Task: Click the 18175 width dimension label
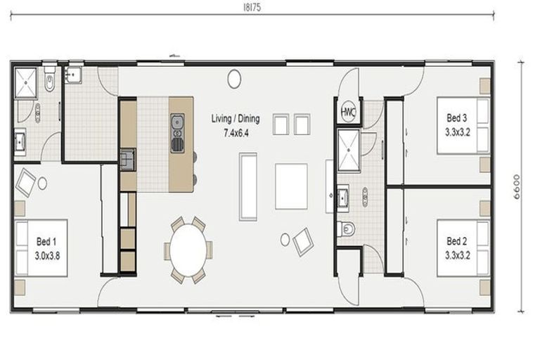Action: pos(252,8)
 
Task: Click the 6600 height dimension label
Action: pos(517,187)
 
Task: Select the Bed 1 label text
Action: pos(46,241)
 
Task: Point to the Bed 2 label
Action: pos(456,241)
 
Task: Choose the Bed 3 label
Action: pos(456,118)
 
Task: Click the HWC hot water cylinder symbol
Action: pos(348,112)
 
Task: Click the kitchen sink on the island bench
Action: pos(177,121)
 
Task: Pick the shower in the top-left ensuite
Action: pos(25,83)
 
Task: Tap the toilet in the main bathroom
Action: pos(346,229)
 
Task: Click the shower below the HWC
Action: pos(349,150)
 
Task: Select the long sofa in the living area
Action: pos(248,186)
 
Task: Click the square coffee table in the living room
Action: pos(291,186)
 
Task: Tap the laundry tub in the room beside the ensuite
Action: pos(73,75)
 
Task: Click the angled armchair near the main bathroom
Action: pos(303,241)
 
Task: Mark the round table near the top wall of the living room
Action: pos(234,79)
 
